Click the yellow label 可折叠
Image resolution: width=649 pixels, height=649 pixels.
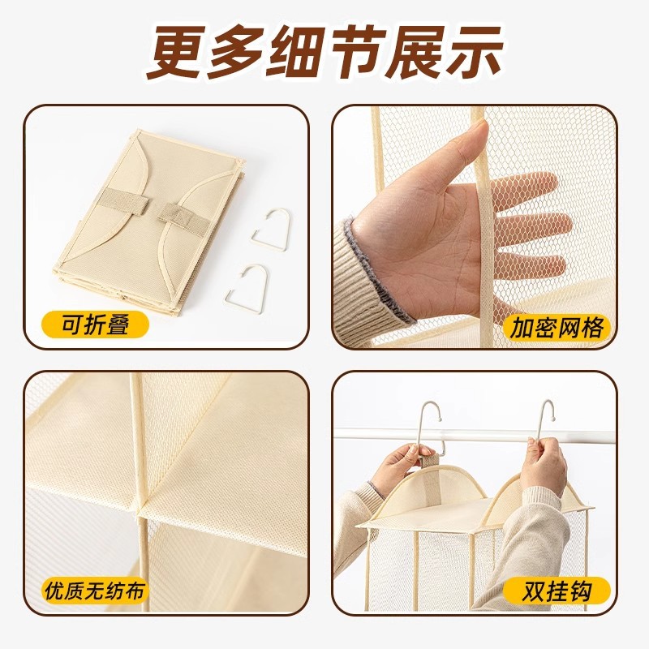[95, 324]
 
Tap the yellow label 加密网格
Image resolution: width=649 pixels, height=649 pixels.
[557, 328]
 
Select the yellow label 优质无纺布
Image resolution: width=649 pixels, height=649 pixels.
[95, 590]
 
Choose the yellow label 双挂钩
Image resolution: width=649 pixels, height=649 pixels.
[557, 591]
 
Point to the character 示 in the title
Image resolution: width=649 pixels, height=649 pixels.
[474, 51]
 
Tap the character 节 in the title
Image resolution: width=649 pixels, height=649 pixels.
[355, 51]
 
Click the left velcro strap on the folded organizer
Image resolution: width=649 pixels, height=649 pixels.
[124, 202]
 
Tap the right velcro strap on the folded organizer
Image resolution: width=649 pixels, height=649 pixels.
[183, 218]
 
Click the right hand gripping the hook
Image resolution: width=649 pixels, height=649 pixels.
[543, 462]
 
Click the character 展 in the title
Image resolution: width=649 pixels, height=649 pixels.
[414, 51]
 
